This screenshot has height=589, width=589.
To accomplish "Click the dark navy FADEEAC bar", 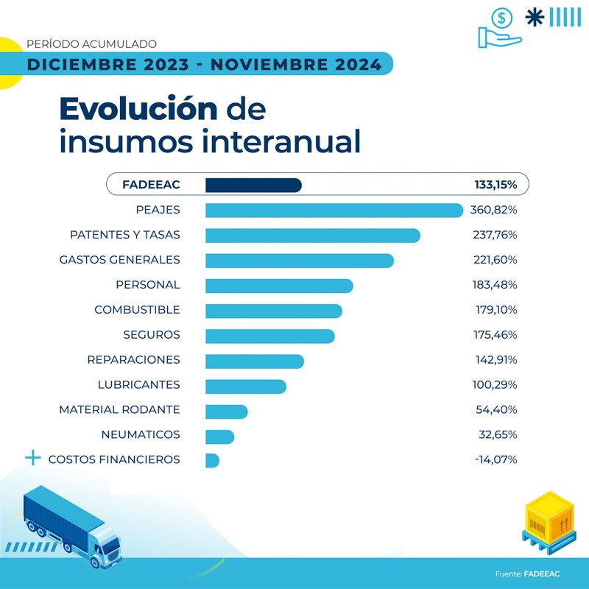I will [x=253, y=185].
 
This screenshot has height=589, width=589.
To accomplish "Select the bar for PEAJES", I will [x=334, y=211].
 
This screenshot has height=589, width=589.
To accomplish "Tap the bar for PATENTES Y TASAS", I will [x=312, y=236].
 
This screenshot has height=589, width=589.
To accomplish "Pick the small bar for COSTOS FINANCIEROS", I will [x=212, y=460].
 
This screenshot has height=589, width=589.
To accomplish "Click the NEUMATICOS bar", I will [x=219, y=436].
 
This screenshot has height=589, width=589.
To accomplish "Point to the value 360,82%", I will [x=493, y=211].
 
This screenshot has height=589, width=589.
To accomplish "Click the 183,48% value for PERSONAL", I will [x=494, y=285].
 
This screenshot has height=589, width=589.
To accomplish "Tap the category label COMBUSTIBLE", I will [x=137, y=310].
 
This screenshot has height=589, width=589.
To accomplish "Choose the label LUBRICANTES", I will [x=138, y=385].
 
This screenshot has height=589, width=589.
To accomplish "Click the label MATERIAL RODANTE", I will [x=119, y=410].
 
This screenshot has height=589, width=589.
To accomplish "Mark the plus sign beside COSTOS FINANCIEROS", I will [x=32, y=459].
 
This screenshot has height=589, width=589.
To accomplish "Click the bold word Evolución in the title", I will [x=138, y=109].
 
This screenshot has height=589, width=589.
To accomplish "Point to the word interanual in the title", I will [x=275, y=141].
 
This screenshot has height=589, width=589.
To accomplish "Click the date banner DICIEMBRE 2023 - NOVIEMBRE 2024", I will [x=204, y=65].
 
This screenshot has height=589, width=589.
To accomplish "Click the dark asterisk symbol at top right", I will [x=534, y=16].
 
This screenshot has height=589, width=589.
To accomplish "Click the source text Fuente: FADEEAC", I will [x=526, y=573].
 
